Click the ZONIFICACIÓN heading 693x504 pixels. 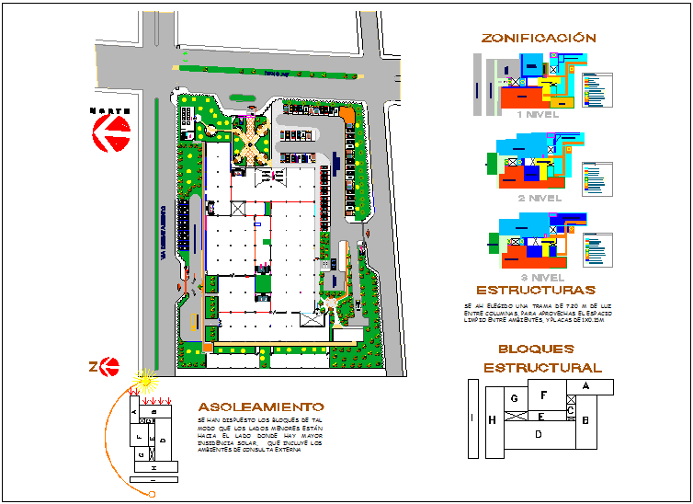click(539, 39)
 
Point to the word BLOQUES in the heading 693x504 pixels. click(536, 349)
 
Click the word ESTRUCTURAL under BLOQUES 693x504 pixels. click(542, 368)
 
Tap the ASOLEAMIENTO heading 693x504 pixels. click(261, 407)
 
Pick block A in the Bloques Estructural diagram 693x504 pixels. click(585, 387)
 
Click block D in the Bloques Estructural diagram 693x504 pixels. click(539, 433)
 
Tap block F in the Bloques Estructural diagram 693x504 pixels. click(544, 396)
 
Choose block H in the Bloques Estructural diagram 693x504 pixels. click(493, 420)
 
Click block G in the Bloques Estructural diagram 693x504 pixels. click(515, 398)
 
